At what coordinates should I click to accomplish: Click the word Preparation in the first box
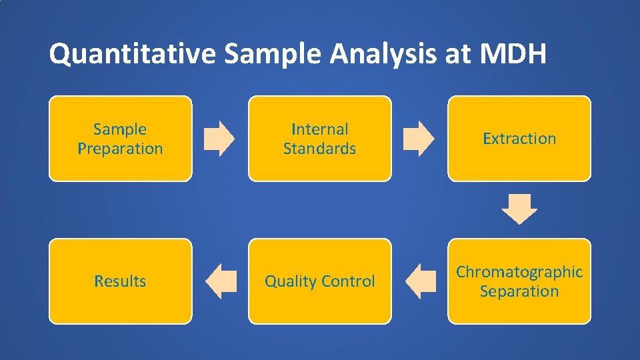tap(120, 149)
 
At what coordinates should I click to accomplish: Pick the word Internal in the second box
tap(320, 129)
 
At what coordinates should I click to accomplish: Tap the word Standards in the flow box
tap(320, 149)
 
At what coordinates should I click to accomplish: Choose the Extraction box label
tap(519, 139)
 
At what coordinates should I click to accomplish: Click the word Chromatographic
tap(519, 272)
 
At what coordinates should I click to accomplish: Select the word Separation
tap(519, 291)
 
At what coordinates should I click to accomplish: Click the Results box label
tap(120, 281)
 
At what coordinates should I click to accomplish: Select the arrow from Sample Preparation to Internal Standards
tap(219, 138)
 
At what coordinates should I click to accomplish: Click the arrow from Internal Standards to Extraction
tap(419, 138)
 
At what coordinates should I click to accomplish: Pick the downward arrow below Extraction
tap(519, 209)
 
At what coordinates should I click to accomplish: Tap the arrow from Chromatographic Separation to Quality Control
tap(421, 281)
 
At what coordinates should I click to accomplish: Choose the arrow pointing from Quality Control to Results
tap(221, 281)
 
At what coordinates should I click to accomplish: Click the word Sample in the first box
tap(120, 129)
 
